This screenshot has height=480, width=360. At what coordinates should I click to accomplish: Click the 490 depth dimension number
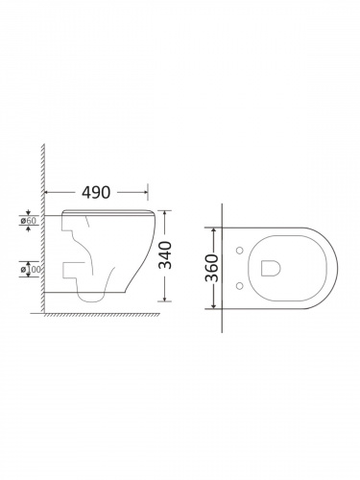(x=96, y=192)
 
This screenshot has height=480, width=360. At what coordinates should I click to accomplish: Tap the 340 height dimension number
(x=165, y=255)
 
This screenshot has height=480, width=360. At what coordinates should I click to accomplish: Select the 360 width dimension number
(x=211, y=268)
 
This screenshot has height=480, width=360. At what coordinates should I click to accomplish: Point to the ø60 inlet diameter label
(x=29, y=221)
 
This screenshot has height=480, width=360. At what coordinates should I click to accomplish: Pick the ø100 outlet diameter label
(x=31, y=270)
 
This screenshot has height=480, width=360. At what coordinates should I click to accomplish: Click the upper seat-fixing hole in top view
(x=239, y=251)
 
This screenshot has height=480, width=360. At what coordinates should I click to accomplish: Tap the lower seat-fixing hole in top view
(x=239, y=285)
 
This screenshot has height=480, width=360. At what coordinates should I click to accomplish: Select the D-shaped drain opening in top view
(x=271, y=268)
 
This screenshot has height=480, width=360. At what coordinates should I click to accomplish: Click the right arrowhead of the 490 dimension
(x=145, y=192)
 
